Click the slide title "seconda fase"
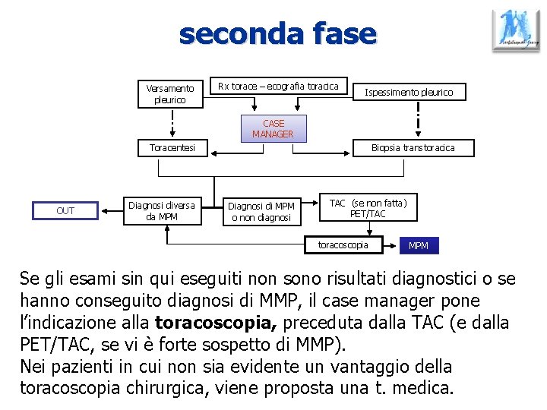pos(277,34)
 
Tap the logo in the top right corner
pos(516,30)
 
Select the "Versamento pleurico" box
pos(169,94)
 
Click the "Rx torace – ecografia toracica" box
pos(278,87)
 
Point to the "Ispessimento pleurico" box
pos(409,93)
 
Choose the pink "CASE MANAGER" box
pos(273,128)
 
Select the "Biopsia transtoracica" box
pos(413,148)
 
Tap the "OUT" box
pos(65,210)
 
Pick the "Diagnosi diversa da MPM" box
pos(162,210)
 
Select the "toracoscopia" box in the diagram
pos(343,244)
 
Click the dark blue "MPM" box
pos(419,246)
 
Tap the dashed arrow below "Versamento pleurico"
pos(172,121)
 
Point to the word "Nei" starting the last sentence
pos(33,367)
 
